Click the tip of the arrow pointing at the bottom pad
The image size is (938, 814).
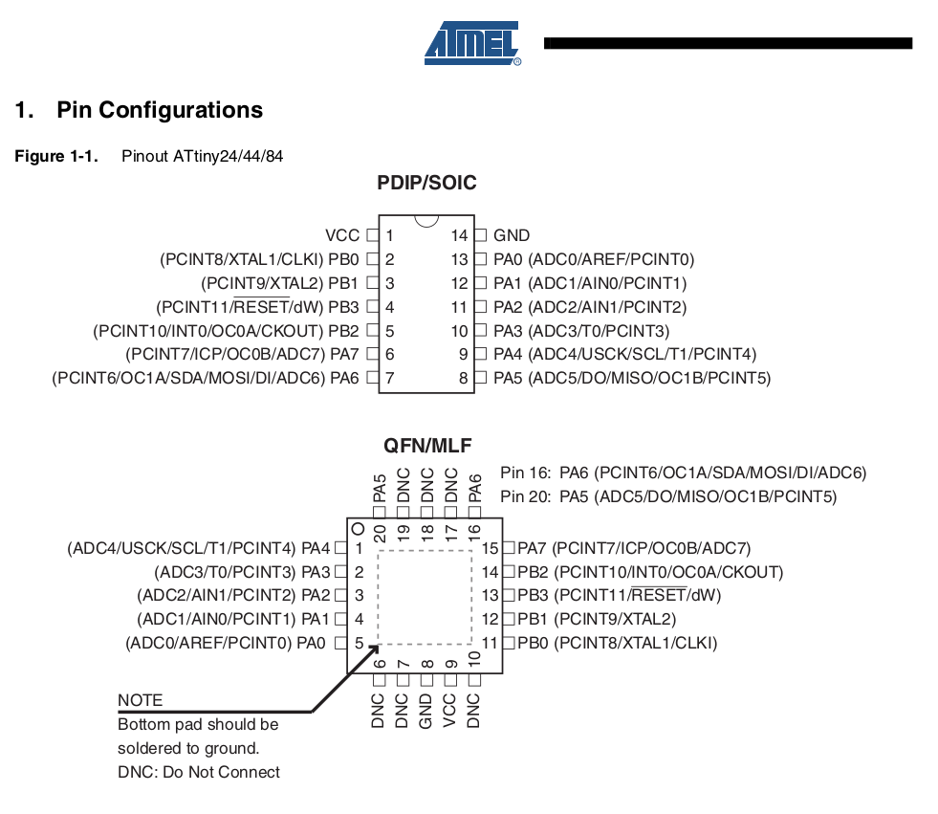[380, 646]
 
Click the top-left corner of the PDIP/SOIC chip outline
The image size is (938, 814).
[380, 215]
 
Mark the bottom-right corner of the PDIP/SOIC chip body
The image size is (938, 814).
[474, 392]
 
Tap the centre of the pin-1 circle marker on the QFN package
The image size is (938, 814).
[359, 529]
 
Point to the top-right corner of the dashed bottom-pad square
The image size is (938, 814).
[472, 551]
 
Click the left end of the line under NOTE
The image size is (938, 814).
[119, 712]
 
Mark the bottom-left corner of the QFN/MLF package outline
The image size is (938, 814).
[347, 673]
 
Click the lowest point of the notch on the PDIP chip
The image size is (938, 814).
[426, 227]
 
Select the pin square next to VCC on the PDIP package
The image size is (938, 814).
[373, 235]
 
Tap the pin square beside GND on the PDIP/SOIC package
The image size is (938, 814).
[480, 235]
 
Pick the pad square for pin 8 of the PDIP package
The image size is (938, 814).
[480, 378]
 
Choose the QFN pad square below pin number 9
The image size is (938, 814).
[450, 680]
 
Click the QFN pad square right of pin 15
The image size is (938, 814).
[509, 548]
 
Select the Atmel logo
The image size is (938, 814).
[472, 43]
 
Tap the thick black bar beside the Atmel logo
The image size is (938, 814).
[728, 43]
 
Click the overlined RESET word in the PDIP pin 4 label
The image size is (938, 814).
[261, 307]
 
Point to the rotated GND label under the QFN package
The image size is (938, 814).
[425, 711]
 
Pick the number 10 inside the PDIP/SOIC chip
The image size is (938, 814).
[459, 331]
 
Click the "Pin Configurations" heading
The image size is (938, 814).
[160, 110]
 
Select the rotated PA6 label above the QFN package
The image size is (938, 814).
[475, 488]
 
